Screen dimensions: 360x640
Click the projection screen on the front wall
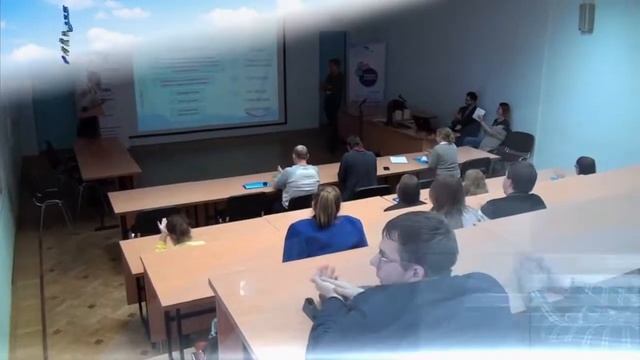click(208, 80)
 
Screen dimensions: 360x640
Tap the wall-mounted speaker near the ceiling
click(586, 17)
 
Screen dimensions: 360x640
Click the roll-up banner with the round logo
click(366, 75)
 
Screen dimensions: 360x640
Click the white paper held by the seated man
click(479, 114)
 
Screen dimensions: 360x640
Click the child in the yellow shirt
click(178, 232)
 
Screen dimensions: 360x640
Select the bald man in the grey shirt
click(297, 177)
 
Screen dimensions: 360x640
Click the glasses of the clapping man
click(388, 259)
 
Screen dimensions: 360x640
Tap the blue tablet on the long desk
click(256, 185)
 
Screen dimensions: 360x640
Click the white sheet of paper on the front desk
click(399, 160)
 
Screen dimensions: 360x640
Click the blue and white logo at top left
click(66, 34)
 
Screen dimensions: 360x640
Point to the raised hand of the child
click(162, 226)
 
